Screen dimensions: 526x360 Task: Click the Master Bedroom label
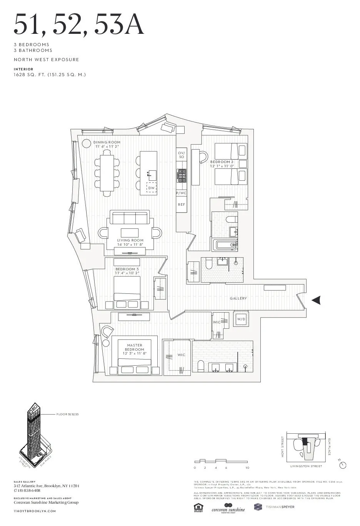(x=135, y=348)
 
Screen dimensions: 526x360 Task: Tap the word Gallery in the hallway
(x=238, y=298)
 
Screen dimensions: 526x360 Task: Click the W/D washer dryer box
(x=241, y=319)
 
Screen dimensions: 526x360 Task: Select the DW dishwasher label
(x=152, y=188)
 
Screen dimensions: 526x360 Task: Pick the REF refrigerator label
(x=182, y=205)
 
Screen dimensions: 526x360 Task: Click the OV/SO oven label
(x=182, y=155)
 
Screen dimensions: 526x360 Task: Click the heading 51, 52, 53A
(x=79, y=25)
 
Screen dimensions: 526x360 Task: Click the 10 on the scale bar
(x=247, y=468)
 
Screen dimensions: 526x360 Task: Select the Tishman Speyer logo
(x=274, y=507)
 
